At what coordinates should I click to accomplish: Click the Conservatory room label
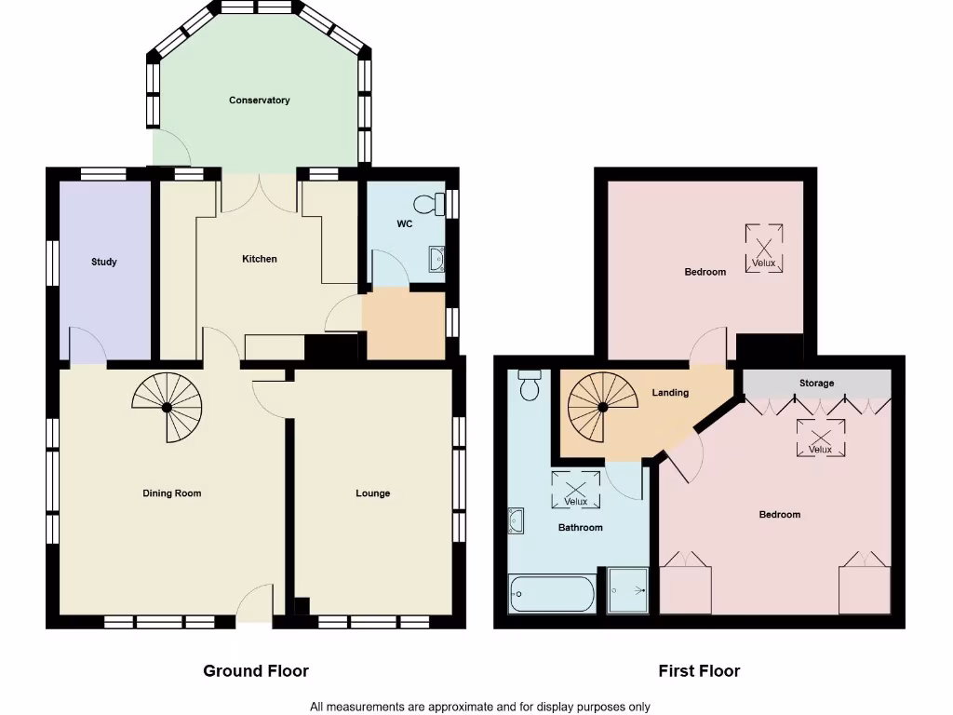(x=260, y=101)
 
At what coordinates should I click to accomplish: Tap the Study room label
(x=104, y=263)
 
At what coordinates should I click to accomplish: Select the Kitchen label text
(x=260, y=259)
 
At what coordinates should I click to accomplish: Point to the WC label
(x=405, y=224)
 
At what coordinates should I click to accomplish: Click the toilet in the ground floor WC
(x=431, y=204)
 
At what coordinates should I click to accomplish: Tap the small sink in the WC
(x=436, y=260)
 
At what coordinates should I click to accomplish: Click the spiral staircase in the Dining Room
(x=168, y=407)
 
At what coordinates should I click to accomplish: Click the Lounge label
(x=373, y=493)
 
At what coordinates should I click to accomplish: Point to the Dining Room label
(x=172, y=493)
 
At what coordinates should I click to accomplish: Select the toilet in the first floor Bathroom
(x=530, y=384)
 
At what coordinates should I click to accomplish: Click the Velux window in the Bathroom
(x=576, y=490)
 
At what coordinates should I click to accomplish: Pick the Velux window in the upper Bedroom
(x=763, y=249)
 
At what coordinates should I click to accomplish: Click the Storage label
(x=817, y=384)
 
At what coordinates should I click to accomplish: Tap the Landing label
(x=670, y=393)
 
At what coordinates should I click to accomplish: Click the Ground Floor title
(x=256, y=670)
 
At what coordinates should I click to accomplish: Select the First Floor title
(x=699, y=670)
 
